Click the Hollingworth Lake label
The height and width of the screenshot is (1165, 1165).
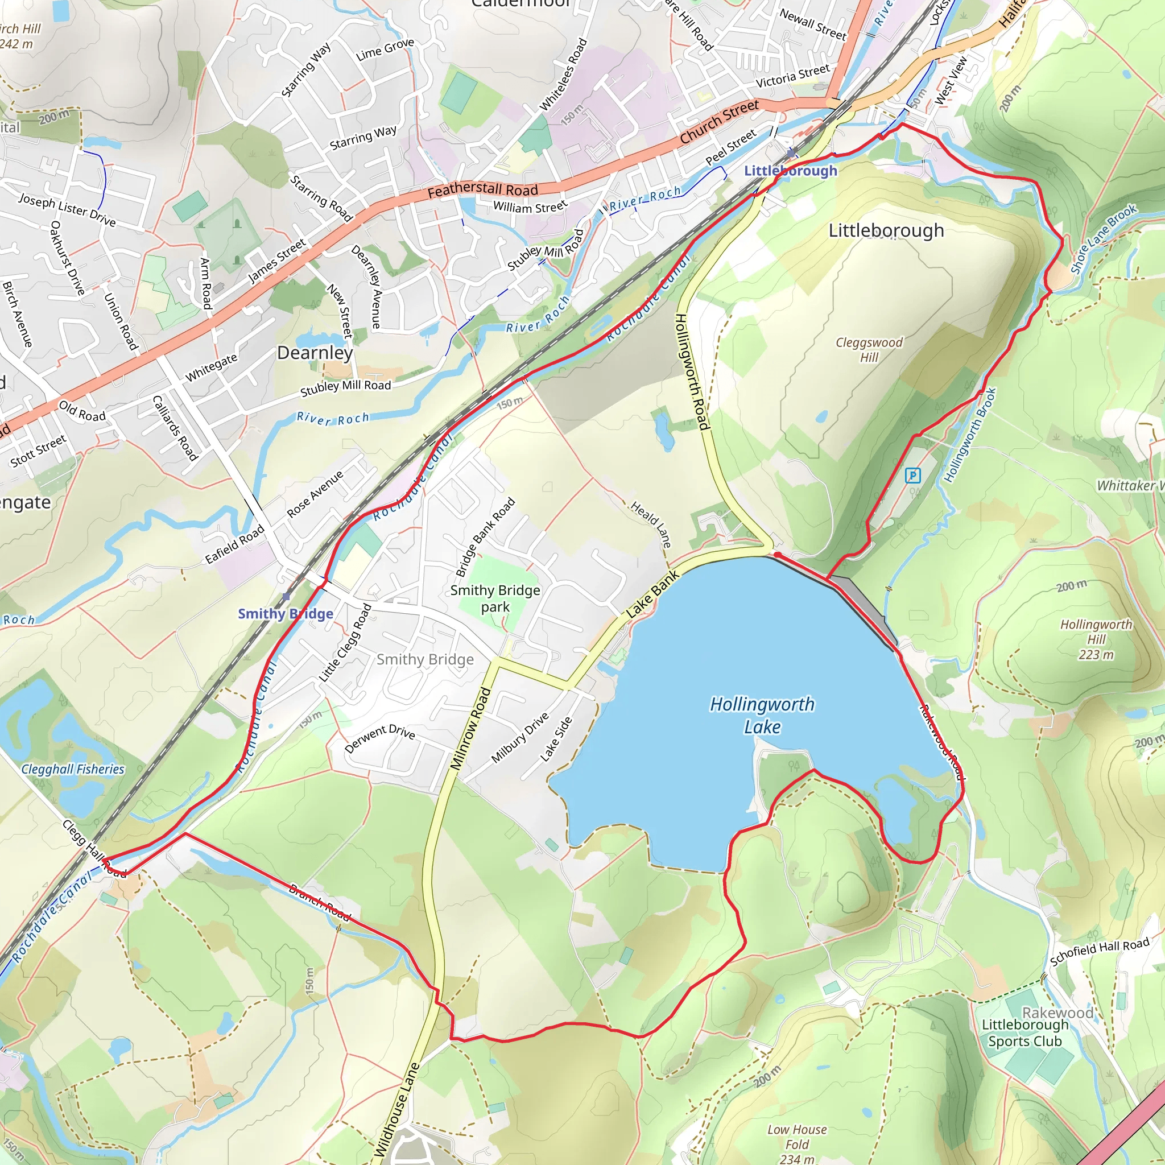point(762,715)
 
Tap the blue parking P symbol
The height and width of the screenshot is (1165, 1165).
point(913,476)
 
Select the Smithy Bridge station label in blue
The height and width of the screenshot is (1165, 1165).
point(285,614)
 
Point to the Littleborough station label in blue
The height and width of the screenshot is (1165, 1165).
point(790,171)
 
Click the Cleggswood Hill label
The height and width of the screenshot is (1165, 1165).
point(869,350)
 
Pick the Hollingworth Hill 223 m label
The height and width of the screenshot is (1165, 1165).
point(1096,639)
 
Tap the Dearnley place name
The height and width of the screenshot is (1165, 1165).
point(315,353)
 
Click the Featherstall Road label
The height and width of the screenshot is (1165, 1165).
point(482,191)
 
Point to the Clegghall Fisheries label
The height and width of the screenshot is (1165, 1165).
point(72,769)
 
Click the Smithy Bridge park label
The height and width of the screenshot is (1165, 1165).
point(495,598)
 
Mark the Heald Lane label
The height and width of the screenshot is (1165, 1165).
point(651,524)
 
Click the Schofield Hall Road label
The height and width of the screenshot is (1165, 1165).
point(1099,952)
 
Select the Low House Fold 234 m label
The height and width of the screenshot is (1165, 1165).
point(796,1143)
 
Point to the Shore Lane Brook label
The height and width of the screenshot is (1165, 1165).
point(1103,239)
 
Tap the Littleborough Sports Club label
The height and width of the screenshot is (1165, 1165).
point(1024,1033)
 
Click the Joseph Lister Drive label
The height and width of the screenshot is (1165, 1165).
point(67,209)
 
